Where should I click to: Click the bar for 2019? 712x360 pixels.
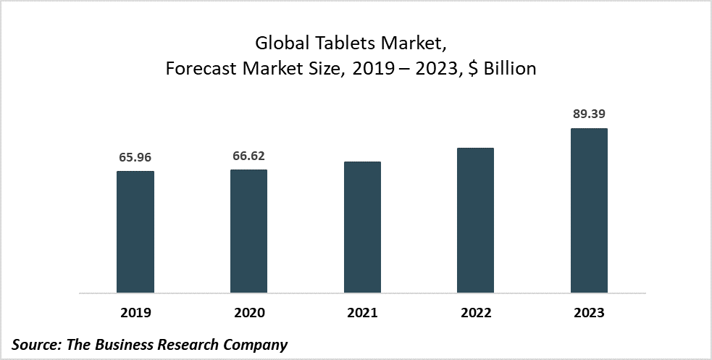point(135,232)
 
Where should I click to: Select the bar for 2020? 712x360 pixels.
point(248,231)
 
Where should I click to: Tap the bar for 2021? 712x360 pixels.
point(362,227)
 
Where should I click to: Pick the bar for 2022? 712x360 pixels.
point(475,220)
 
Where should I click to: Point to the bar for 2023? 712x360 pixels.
point(589,211)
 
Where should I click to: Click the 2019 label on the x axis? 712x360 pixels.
point(135,313)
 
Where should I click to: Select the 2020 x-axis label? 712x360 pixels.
point(248,313)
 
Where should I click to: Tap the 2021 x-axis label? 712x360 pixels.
point(362,313)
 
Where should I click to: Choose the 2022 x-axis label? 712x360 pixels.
point(475,313)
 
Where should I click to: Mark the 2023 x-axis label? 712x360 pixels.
point(589,313)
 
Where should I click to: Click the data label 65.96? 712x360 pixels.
point(135,156)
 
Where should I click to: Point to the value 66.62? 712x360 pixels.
point(248,154)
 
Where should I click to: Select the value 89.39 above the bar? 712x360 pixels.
point(589,114)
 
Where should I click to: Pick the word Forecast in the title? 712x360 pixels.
point(199,70)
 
